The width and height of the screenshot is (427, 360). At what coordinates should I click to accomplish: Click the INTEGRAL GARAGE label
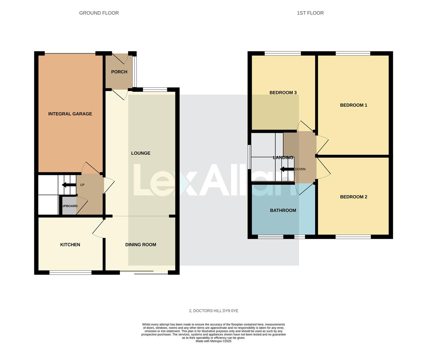70,114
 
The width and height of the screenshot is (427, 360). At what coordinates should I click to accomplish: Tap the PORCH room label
119,72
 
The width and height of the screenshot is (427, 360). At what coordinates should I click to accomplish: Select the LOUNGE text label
141,153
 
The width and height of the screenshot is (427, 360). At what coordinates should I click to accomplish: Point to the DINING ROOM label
141,245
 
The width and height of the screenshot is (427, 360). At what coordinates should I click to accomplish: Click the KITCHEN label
70,245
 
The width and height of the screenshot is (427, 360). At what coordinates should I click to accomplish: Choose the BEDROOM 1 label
353,105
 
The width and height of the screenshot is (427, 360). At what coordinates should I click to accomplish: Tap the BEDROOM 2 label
353,197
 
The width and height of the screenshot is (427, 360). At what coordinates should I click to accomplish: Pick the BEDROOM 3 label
283,93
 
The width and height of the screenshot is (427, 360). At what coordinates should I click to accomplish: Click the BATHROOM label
283,210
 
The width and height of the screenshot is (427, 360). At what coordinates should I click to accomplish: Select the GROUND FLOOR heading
99,13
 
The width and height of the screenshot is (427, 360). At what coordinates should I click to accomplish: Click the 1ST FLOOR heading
310,13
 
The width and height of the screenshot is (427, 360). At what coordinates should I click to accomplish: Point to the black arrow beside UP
69,185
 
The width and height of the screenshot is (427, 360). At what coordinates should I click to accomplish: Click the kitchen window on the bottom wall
70,273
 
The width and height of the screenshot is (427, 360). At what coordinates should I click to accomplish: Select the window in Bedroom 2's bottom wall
353,237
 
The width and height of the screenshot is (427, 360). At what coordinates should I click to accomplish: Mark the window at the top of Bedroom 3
283,53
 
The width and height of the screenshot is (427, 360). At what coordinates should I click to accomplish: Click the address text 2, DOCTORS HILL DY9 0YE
213,311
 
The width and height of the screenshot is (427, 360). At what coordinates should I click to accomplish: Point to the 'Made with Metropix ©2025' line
213,341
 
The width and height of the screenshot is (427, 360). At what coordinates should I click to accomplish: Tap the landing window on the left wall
249,157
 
